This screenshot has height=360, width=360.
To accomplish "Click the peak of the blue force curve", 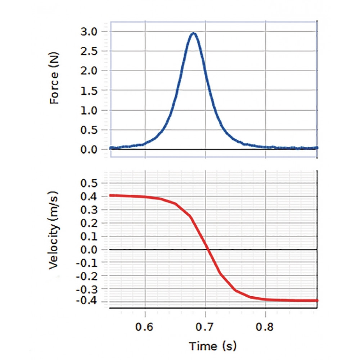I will [194, 33].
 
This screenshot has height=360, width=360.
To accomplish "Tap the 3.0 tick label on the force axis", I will [89, 32].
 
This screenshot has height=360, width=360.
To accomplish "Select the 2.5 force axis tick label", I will [89, 51].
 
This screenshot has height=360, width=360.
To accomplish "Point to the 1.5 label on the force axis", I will [89, 91].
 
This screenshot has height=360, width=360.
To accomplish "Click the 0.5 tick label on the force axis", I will [89, 130].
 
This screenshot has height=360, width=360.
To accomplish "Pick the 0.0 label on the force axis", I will [89, 149].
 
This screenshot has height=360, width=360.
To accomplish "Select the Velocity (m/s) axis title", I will [55, 230].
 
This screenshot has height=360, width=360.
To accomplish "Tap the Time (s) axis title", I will [213, 346].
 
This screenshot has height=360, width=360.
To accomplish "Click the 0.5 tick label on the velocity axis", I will [89, 184].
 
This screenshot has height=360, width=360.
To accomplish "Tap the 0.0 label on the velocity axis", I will [89, 249].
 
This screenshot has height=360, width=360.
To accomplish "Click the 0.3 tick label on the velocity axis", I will [89, 210].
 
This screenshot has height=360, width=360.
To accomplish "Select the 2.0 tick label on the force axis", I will [89, 71].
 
